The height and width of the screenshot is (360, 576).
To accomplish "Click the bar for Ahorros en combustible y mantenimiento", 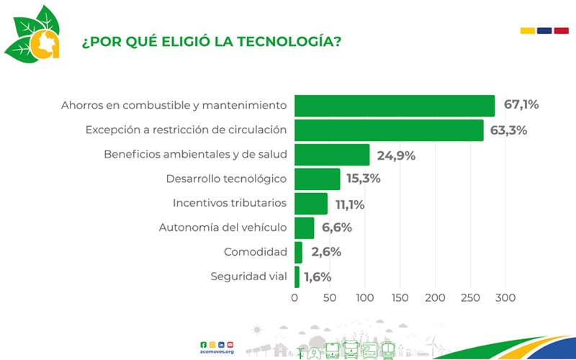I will coord(395,106).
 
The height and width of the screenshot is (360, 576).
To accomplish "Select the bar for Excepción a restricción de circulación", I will coord(389,130).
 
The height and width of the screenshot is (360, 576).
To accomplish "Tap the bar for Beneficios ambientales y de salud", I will coord(332,155).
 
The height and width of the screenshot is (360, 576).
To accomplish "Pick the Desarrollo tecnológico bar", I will coord(318,179).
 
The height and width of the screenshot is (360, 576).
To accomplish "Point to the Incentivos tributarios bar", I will coord(311,204).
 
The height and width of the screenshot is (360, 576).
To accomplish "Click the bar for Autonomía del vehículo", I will coord(305,228).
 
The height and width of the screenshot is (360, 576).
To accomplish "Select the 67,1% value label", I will coord(521,105).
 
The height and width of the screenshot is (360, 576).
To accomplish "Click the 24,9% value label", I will coord(396,155).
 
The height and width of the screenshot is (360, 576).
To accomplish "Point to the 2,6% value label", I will coord(326,253).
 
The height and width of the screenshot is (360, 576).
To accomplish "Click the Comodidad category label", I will coord(256,253).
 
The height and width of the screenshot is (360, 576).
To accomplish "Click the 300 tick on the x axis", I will coord(505,297).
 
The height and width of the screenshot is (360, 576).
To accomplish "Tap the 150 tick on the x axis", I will coord(400,297).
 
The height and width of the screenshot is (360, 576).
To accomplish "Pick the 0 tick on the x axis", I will coord(294,297).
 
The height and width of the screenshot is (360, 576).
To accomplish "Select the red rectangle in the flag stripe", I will coord(562,30).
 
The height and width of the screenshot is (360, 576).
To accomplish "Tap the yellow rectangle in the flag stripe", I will coord(527,30).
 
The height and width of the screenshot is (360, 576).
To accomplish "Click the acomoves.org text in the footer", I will coord(219,351).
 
